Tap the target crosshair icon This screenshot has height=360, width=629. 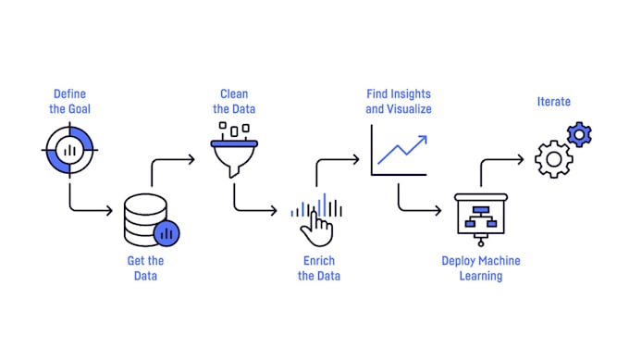point(69,147)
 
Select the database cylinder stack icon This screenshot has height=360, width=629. point(145,220)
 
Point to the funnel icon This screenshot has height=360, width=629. point(234,152)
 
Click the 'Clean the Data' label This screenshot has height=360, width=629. point(234,102)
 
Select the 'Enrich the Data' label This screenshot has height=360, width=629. point(319,268)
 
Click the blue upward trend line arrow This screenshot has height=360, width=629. point(403,148)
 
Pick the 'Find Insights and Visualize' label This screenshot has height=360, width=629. point(398,102)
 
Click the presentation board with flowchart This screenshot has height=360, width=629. point(480,217)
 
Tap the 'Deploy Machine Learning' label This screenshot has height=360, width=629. point(480,268)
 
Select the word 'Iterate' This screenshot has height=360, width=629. point(554,102)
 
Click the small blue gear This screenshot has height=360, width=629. point(580,135)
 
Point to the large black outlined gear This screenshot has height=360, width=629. point(553,159)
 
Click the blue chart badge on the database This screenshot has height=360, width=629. point(167,233)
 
